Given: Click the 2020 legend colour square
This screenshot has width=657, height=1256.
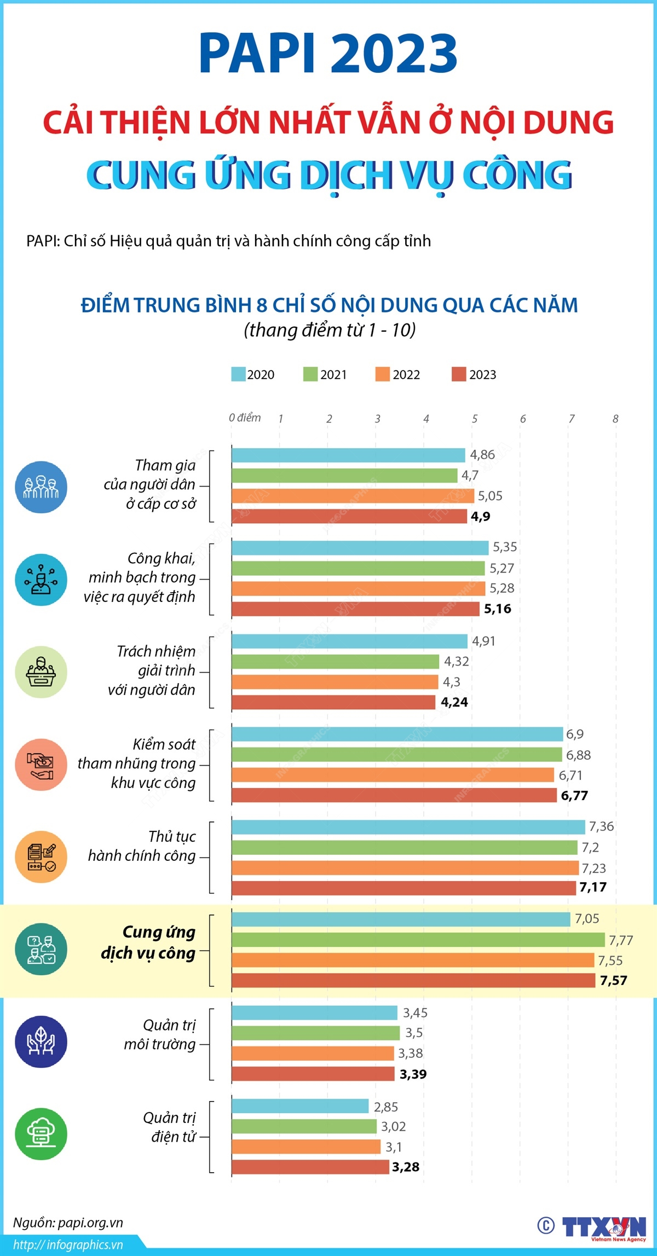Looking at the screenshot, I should pyautogui.click(x=238, y=374).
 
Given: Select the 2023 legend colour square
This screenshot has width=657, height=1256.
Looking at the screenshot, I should pyautogui.click(x=458, y=374).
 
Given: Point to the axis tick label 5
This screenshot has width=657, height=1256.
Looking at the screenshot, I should pyautogui.click(x=474, y=419).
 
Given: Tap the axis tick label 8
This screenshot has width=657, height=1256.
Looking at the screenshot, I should pyautogui.click(x=615, y=419).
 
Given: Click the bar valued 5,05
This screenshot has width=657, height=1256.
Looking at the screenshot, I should pyautogui.click(x=353, y=496).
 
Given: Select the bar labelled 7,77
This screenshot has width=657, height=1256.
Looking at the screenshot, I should pyautogui.click(x=418, y=940).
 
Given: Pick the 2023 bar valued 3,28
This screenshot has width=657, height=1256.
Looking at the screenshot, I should pyautogui.click(x=310, y=1167).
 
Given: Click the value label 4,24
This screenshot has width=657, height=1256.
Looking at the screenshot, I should pyautogui.click(x=454, y=702).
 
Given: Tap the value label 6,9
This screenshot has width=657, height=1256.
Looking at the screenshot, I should pyautogui.click(x=575, y=734).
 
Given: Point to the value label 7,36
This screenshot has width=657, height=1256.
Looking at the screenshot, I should pyautogui.click(x=601, y=826).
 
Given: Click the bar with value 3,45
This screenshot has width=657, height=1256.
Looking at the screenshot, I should pyautogui.click(x=314, y=1012).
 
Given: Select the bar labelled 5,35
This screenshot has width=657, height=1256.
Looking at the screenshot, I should pyautogui.click(x=360, y=547).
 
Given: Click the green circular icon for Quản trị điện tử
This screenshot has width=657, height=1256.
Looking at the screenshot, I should pyautogui.click(x=41, y=1135).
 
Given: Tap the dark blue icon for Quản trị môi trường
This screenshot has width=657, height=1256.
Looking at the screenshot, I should pyautogui.click(x=41, y=1041).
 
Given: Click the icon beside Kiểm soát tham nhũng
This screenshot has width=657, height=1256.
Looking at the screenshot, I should pyautogui.click(x=41, y=765).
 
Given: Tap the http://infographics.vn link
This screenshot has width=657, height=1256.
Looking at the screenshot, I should pyautogui.click(x=68, y=1245).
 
